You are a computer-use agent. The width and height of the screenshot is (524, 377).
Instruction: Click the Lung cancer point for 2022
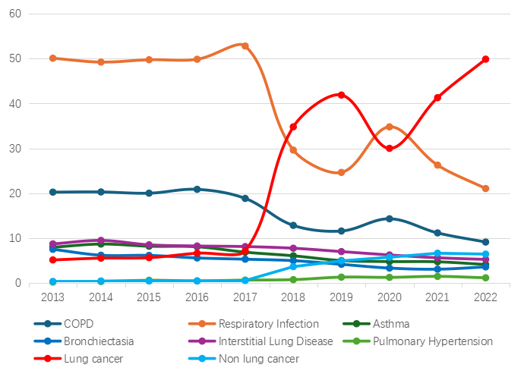[485, 59]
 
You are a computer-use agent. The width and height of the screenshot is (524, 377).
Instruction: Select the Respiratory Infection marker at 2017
[245, 46]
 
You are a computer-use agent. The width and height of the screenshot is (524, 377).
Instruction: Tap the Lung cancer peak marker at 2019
[341, 95]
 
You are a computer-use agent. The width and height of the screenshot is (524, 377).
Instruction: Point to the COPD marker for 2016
[197, 189]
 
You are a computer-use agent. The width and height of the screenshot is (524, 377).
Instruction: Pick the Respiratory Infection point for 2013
[52, 58]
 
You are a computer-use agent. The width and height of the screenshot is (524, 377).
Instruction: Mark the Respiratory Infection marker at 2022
[485, 188]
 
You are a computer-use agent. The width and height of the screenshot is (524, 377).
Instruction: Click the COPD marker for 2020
[390, 218]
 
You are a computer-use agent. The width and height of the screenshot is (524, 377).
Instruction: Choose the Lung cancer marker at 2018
[293, 127]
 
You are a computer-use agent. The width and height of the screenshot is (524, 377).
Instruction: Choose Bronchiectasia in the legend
[97, 341]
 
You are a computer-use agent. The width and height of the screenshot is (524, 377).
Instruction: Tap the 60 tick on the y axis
[14, 14]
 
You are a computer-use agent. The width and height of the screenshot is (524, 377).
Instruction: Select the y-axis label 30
[14, 149]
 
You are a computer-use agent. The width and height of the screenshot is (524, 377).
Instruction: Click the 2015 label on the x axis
[149, 297]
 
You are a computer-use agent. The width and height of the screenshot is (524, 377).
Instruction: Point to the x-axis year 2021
[437, 297]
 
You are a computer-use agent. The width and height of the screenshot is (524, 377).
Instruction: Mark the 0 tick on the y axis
[17, 283]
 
